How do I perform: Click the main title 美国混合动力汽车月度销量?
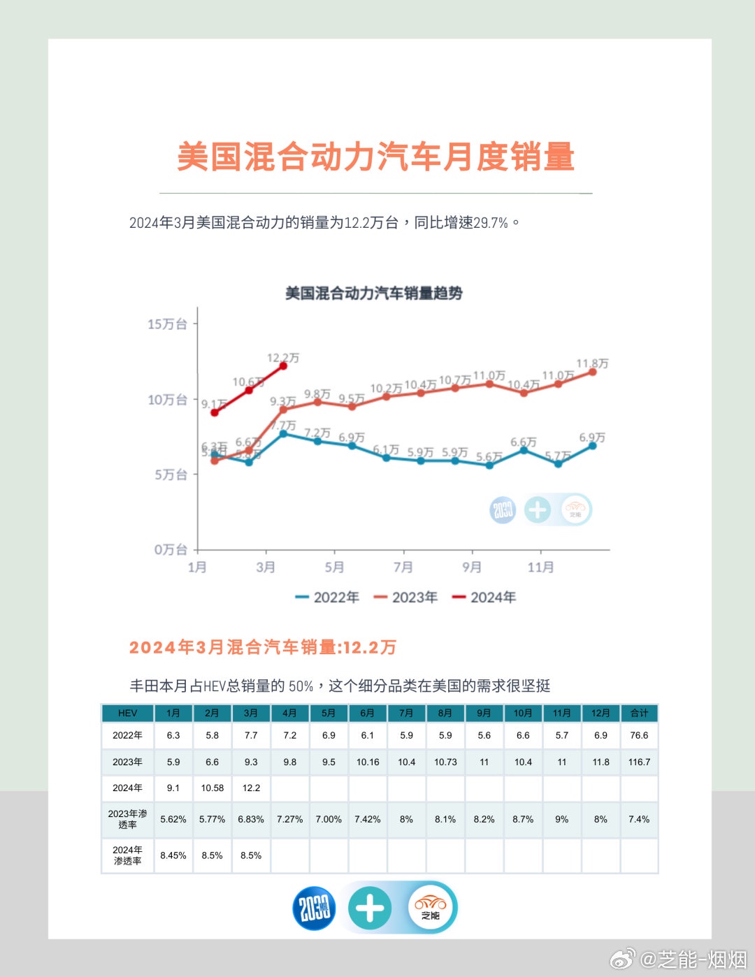point(375,157)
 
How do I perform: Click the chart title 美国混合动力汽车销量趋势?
point(373,293)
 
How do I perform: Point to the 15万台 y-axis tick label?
point(167,324)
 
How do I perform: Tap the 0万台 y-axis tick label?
point(171,549)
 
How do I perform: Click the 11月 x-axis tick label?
point(540,567)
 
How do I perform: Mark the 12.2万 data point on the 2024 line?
point(283,366)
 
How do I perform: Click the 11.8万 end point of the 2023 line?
point(593,372)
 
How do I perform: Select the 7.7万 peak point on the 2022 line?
point(283,434)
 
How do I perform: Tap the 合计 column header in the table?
point(639,713)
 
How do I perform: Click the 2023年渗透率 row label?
point(127,819)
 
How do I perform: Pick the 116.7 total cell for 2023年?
point(639,762)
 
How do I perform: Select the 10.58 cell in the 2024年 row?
point(212,788)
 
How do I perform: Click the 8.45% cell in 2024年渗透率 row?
point(173,855)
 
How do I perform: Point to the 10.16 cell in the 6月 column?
point(368,762)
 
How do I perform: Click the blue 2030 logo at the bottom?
point(314,909)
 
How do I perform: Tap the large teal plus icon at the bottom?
point(370,909)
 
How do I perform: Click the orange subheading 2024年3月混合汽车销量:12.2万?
point(263,647)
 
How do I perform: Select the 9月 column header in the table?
point(484,713)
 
